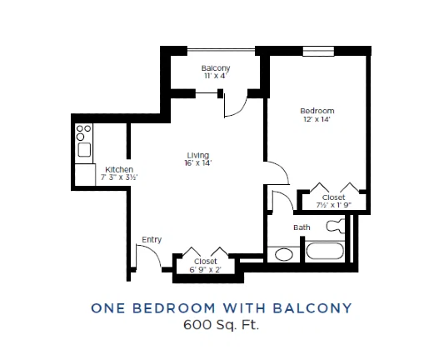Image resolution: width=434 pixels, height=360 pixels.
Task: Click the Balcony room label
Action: [x=216, y=68]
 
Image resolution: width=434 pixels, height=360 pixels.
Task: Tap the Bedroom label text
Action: [x=317, y=111]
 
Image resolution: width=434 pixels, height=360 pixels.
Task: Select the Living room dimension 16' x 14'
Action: [x=198, y=163]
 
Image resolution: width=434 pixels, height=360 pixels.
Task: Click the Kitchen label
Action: [x=119, y=169]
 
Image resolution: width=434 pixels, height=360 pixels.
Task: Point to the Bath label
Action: [x=302, y=227]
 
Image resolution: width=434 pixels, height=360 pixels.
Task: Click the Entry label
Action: [x=152, y=240]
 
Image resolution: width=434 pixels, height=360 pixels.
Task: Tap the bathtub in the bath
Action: [x=325, y=251]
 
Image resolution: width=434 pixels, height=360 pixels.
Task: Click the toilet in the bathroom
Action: [x=336, y=226]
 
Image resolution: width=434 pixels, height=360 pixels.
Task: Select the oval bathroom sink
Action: [x=284, y=254]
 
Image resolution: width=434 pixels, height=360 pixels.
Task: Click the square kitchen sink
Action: [x=84, y=150]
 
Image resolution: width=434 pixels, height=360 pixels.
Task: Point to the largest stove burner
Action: [x=80, y=137]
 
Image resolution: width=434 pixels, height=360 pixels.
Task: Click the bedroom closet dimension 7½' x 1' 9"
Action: [x=334, y=205]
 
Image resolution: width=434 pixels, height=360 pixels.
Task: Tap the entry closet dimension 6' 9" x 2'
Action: [x=205, y=269]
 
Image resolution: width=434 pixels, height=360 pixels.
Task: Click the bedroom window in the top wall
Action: [x=318, y=52]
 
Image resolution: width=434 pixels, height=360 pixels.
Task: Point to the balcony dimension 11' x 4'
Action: [x=216, y=76]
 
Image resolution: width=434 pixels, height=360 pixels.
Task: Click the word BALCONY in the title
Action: [x=312, y=308]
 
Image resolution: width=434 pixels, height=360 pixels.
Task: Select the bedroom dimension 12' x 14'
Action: [x=317, y=119]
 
